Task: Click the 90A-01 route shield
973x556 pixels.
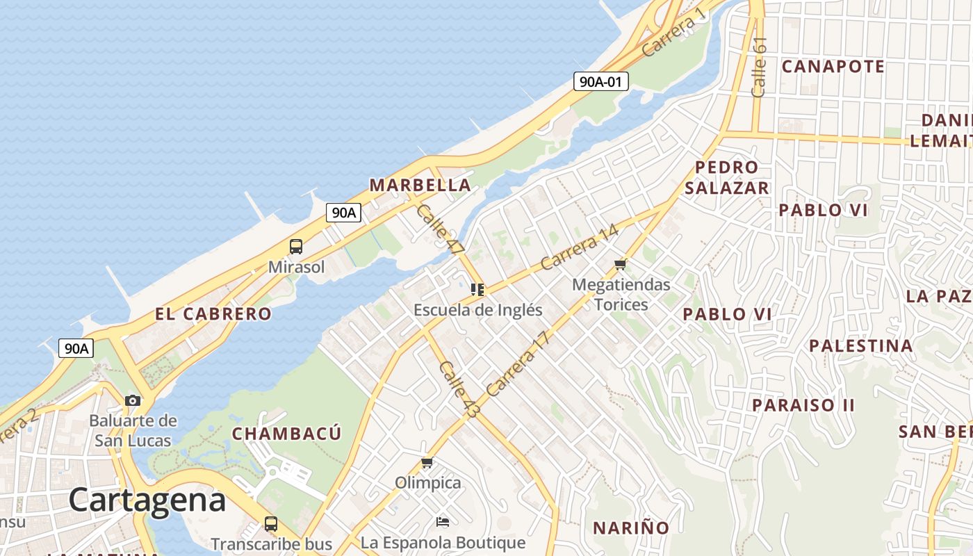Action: (601, 81)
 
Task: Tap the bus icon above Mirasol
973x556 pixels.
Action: (296, 247)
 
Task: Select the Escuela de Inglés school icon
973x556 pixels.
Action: (477, 289)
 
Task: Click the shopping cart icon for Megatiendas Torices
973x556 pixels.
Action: (621, 264)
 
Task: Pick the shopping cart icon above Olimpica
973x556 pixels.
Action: (427, 462)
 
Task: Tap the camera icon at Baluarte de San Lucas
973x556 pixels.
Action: (133, 400)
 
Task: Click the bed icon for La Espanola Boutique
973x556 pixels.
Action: (443, 521)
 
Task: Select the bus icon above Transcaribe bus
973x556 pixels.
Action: (271, 524)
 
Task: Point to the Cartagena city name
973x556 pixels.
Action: (147, 500)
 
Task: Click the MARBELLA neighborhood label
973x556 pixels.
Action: (420, 185)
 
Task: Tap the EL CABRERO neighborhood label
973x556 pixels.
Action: (213, 314)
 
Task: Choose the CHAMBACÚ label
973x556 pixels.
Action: (286, 434)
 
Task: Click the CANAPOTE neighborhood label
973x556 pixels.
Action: (833, 67)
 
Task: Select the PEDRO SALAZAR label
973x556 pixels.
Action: (727, 177)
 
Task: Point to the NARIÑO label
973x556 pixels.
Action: (631, 528)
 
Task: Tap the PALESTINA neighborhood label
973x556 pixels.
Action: (860, 345)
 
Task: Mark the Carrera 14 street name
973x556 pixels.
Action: (579, 247)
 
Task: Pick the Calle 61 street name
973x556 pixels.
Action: (759, 67)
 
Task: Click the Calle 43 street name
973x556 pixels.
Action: (459, 389)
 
